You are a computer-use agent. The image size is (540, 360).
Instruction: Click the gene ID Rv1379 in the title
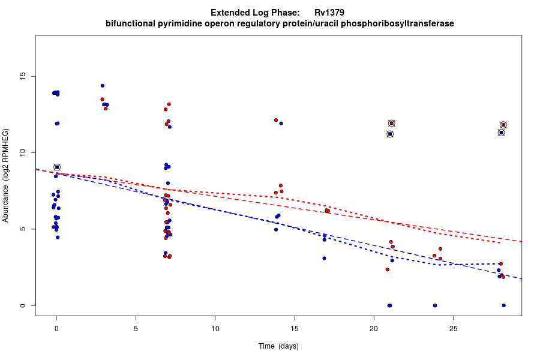[329, 13]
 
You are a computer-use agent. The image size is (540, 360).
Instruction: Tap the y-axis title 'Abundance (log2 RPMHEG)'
[5, 175]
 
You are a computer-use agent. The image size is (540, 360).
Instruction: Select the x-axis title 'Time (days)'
[278, 346]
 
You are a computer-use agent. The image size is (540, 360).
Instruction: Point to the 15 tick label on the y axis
[23, 76]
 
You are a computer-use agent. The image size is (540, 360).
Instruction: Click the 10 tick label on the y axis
[23, 153]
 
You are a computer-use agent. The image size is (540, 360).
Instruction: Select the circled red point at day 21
[392, 123]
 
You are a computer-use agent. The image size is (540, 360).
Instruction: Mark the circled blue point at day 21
[390, 134]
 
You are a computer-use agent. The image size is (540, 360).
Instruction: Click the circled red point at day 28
[503, 125]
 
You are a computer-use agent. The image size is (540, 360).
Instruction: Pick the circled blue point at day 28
[501, 133]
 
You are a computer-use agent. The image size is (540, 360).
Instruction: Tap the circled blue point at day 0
[57, 167]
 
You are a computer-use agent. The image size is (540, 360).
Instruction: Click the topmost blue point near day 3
[103, 86]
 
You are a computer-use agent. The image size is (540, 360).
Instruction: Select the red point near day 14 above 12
[276, 120]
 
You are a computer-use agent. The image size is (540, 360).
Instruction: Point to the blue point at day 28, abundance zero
[503, 305]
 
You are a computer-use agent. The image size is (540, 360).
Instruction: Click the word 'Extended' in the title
[229, 13]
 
